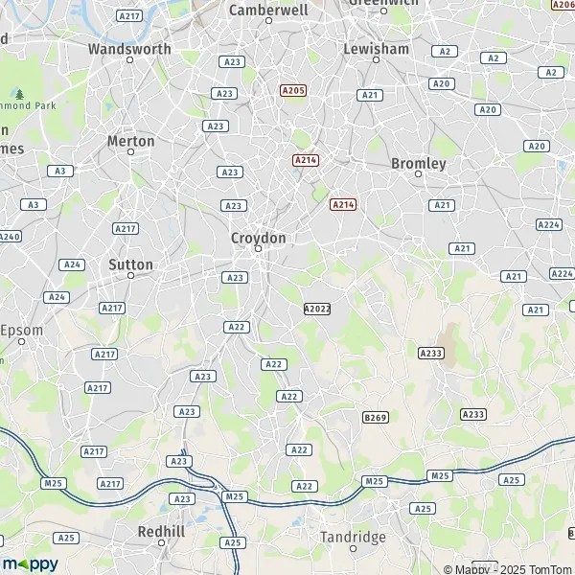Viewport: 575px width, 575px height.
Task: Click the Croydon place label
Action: click(258, 237)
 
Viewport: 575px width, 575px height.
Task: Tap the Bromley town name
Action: click(419, 164)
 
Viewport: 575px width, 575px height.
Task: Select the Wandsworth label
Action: click(129, 48)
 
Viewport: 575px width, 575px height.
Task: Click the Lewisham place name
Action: click(376, 48)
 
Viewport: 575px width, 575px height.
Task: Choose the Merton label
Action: click(130, 141)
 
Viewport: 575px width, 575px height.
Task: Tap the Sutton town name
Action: click(131, 264)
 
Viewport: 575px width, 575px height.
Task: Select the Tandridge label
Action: click(353, 537)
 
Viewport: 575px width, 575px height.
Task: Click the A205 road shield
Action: click(293, 90)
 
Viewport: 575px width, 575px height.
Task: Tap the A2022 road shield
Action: click(316, 309)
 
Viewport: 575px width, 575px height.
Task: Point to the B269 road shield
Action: click(376, 418)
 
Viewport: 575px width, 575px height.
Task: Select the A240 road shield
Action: click(9, 236)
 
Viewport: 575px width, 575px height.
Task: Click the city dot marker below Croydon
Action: click(258, 249)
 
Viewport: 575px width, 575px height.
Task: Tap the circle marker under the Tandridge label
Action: click(353, 549)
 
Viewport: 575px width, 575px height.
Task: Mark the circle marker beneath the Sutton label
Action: click(131, 276)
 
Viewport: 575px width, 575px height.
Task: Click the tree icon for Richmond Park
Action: click(19, 94)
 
